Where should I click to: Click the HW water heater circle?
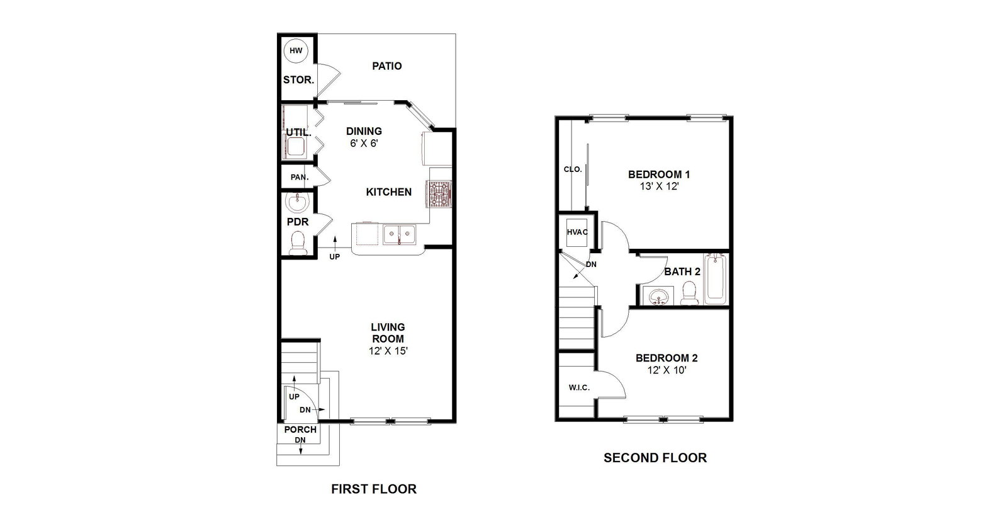[x=296, y=51]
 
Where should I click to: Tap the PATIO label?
[x=386, y=66]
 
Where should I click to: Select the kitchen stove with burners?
[x=440, y=194]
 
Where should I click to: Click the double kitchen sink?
[x=399, y=234]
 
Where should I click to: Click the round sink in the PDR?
[x=297, y=203]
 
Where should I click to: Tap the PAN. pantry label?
[x=300, y=177]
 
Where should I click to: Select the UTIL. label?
[x=298, y=133]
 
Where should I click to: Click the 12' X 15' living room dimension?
[x=388, y=351]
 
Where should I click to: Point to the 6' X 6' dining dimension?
[x=364, y=144]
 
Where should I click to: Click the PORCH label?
[x=300, y=430]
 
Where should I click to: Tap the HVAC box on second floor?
[x=577, y=232]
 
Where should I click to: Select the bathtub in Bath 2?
[x=715, y=279]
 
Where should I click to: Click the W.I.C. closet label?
[x=579, y=388]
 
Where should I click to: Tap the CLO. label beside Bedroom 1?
[x=573, y=169]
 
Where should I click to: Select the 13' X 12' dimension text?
[x=659, y=186]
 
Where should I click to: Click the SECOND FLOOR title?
[x=655, y=458]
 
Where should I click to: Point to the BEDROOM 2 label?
[x=667, y=358]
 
